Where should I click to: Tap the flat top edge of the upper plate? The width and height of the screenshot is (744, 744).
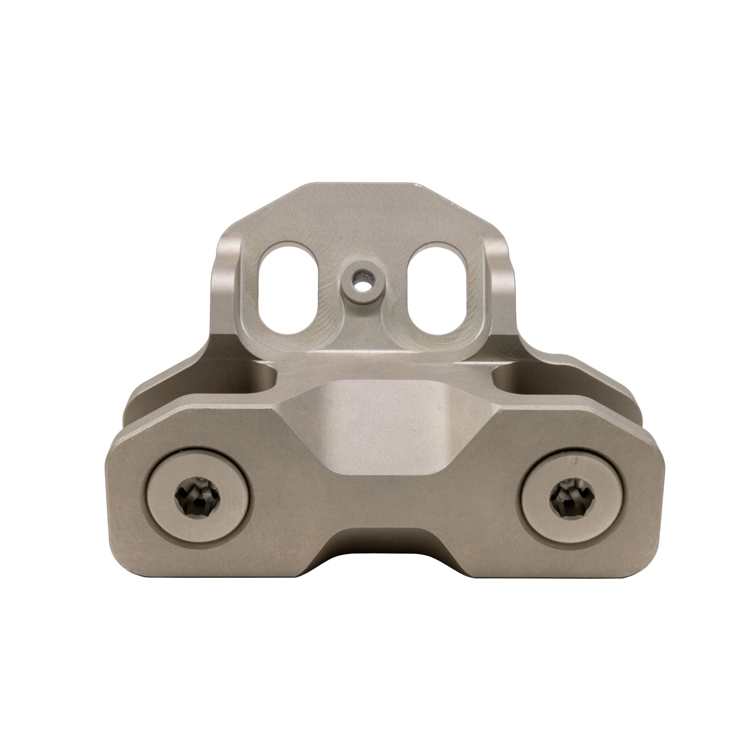[x=358, y=185]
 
